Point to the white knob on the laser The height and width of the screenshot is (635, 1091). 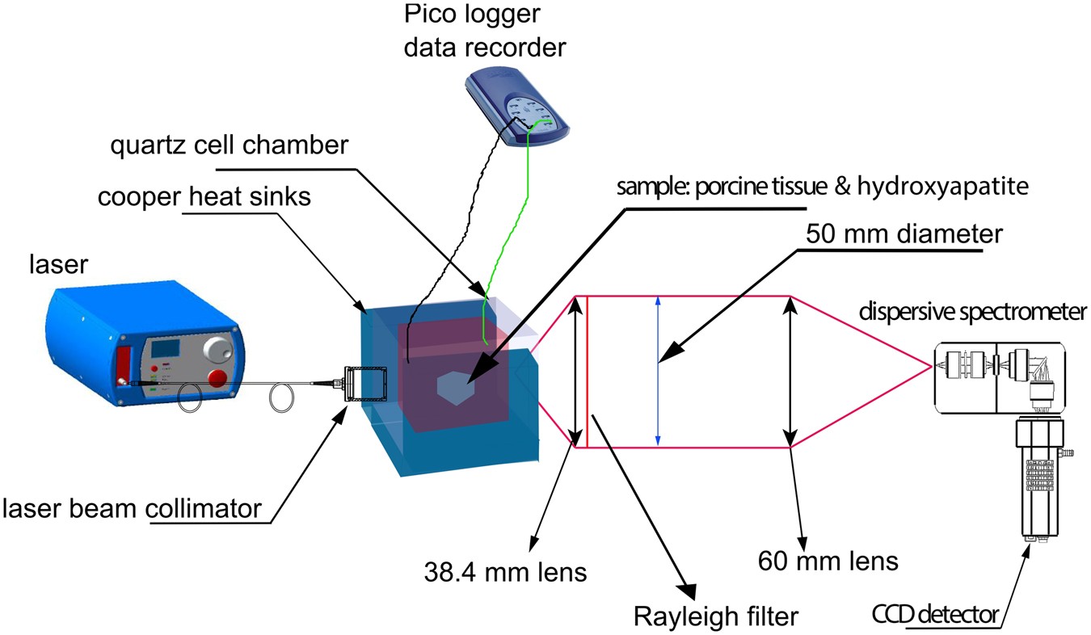point(216,348)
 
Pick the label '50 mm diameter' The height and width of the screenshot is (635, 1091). point(904,234)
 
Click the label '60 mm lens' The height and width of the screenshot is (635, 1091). point(828,560)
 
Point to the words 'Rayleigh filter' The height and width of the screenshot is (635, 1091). point(714,616)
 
